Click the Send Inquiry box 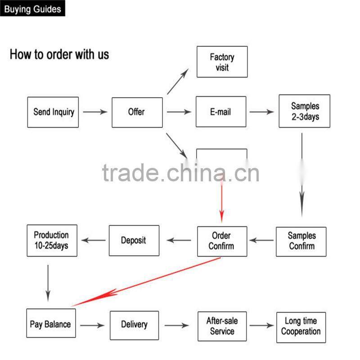(x=53, y=112)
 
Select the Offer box (x=137, y=112)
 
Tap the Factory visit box (x=222, y=62)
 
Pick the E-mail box (x=221, y=112)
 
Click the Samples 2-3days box (x=304, y=111)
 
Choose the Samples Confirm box (x=301, y=241)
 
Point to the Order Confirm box (x=222, y=241)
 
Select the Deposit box (x=134, y=241)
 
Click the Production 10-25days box (x=52, y=241)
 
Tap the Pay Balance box (x=50, y=324)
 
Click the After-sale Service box (x=222, y=326)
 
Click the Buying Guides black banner (x=32, y=9)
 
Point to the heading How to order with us (x=59, y=55)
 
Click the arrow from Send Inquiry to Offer (x=95, y=112)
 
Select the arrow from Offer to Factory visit (x=178, y=82)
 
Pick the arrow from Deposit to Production (x=94, y=241)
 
